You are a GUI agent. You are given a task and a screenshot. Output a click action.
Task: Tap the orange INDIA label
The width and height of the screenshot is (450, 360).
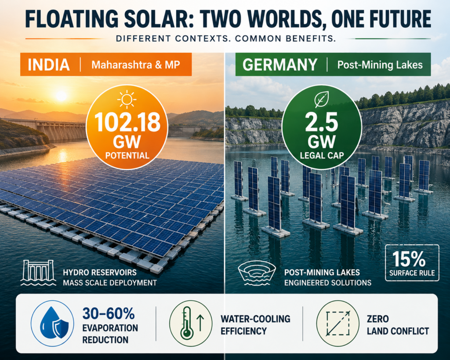(49, 65)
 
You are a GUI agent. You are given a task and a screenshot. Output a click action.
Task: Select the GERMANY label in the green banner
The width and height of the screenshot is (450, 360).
(280, 65)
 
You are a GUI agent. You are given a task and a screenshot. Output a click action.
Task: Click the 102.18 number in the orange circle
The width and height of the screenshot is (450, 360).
(127, 122)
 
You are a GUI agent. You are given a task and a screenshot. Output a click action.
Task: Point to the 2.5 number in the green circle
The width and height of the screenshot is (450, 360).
(321, 122)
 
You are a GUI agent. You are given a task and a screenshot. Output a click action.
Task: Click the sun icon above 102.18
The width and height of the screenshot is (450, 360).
(127, 99)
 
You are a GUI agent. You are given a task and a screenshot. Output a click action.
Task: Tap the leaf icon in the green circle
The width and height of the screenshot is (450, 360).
(321, 99)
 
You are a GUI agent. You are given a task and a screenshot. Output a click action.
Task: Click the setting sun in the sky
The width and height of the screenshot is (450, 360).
(61, 95)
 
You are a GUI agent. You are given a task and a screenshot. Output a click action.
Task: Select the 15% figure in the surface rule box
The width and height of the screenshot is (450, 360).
(409, 259)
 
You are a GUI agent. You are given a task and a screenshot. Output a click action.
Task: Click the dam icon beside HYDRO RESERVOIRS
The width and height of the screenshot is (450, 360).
(39, 273)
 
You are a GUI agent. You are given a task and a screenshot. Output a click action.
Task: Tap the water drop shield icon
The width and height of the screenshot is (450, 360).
(53, 323)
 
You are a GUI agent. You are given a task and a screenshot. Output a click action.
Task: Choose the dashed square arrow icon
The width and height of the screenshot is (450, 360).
(338, 323)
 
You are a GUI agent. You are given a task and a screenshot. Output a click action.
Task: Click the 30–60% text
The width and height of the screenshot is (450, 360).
(109, 313)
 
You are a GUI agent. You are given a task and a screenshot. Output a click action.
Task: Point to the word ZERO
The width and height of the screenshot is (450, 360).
(377, 319)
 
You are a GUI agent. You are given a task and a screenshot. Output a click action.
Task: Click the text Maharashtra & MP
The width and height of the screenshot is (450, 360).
(136, 65)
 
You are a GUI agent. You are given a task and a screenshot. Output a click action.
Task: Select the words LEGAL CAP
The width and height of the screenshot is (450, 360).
(322, 156)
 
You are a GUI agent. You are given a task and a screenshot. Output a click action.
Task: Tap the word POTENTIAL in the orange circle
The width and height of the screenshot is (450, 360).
(127, 156)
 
